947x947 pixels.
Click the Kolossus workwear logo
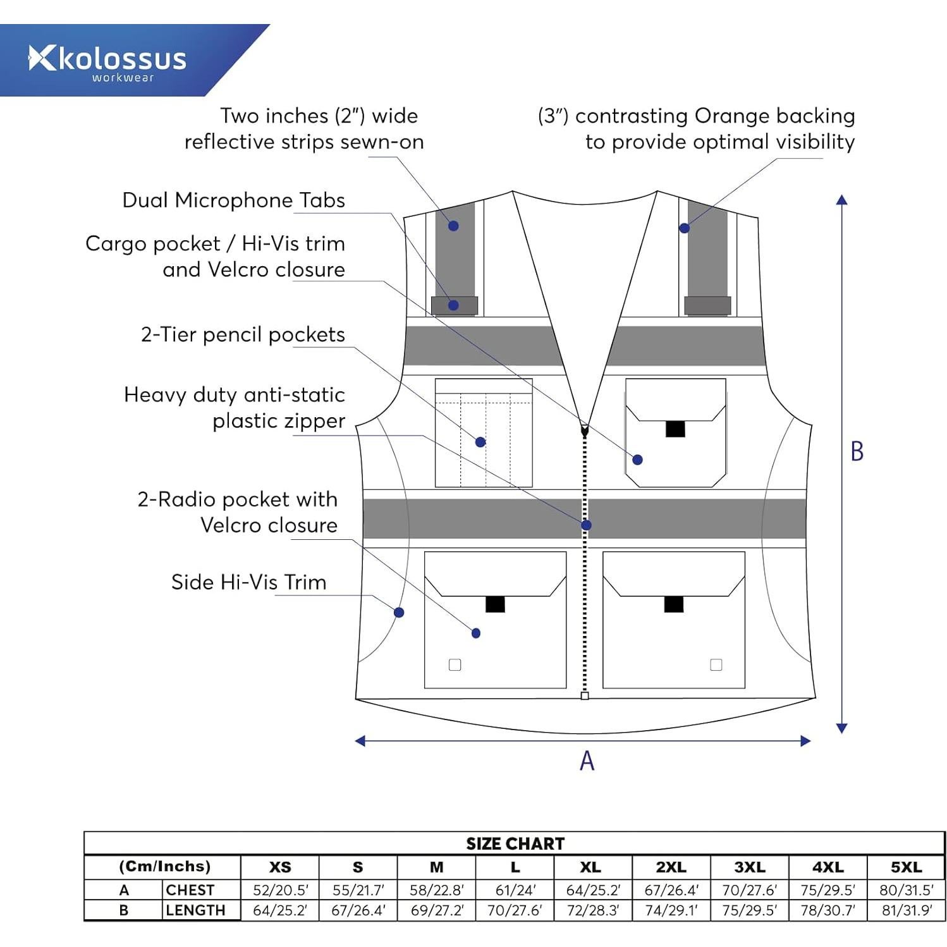click(x=107, y=62)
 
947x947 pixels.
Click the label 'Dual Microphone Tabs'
click(x=233, y=200)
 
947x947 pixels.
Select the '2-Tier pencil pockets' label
click(x=243, y=334)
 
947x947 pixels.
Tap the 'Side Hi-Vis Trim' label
click(x=248, y=582)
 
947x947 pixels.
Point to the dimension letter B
click(x=857, y=451)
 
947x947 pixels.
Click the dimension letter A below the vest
click(x=587, y=761)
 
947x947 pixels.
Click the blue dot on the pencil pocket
click(x=480, y=442)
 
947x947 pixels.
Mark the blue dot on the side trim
click(x=399, y=612)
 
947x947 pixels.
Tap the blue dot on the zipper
click(x=586, y=525)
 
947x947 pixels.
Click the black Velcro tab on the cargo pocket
click(x=675, y=429)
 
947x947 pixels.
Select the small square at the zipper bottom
click(x=585, y=696)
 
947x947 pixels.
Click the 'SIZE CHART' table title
click(x=515, y=844)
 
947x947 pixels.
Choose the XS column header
click(x=280, y=867)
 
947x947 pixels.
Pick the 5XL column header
click(x=906, y=867)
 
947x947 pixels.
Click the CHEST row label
click(x=190, y=890)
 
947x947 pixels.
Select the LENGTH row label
click(x=195, y=910)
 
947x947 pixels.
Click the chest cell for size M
click(x=436, y=890)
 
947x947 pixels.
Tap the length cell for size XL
click(x=592, y=910)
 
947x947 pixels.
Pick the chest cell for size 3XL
click(x=749, y=890)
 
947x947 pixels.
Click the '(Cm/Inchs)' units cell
click(x=164, y=867)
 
